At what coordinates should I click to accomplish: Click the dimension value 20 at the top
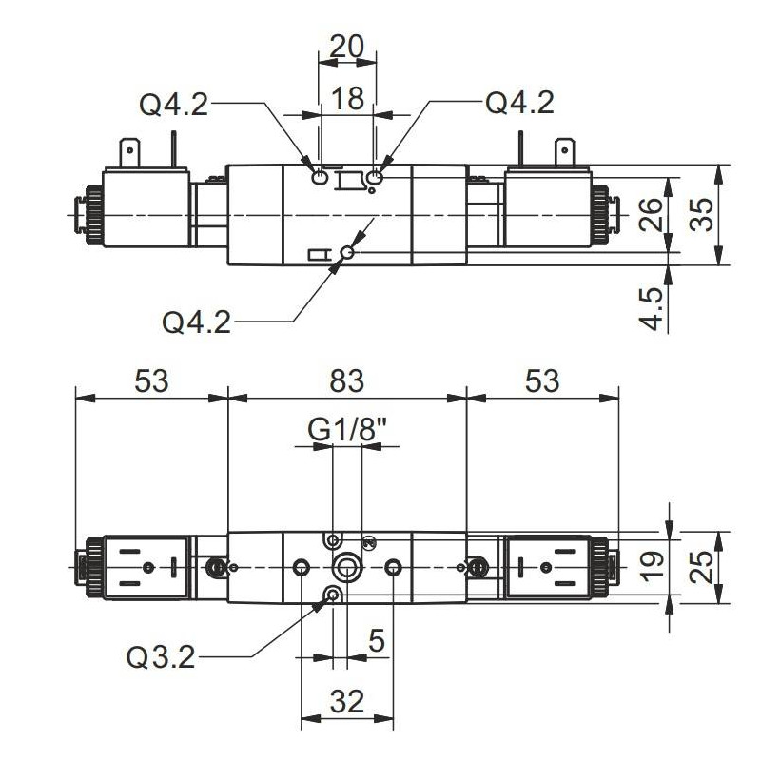tap(347, 46)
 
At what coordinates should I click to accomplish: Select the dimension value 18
tap(348, 98)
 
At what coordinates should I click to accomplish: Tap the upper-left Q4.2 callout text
tap(173, 104)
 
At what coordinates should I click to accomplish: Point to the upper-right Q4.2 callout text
tap(519, 103)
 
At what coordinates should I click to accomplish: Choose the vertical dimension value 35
tap(701, 215)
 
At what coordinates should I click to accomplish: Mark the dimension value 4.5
tap(652, 306)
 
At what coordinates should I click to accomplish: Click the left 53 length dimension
tap(150, 380)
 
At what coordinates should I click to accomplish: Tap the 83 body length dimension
tap(347, 380)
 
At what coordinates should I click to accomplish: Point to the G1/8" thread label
tap(348, 431)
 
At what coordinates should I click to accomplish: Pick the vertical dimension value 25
tap(701, 568)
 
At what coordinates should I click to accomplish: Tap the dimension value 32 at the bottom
tap(347, 702)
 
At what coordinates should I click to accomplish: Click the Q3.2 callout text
tap(161, 656)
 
